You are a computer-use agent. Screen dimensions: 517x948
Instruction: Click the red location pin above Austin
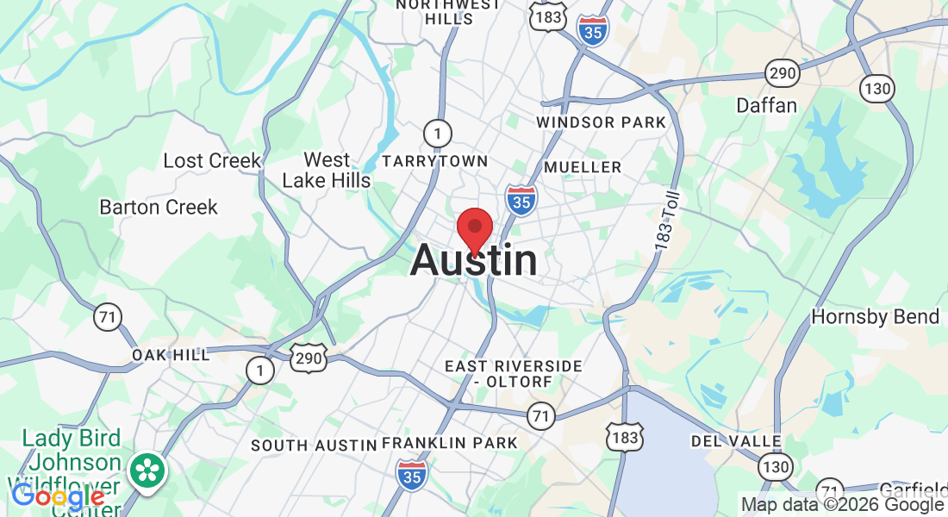click(474, 230)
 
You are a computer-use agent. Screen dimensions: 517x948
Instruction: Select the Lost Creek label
click(212, 161)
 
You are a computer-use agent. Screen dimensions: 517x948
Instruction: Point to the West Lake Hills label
click(327, 170)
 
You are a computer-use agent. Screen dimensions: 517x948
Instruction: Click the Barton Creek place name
click(159, 208)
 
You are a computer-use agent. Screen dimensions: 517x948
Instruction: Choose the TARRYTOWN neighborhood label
click(434, 161)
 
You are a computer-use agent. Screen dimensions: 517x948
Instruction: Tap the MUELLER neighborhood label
click(583, 166)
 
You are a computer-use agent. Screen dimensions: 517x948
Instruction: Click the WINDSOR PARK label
click(601, 122)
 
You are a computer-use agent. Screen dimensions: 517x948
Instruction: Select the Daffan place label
click(766, 106)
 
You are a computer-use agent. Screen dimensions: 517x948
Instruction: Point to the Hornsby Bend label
click(875, 317)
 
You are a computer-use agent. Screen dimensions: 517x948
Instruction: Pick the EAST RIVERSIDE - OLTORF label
click(513, 373)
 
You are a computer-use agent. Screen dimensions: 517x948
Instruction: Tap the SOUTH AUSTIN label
click(314, 445)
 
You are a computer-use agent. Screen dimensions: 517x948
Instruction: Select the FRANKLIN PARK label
click(449, 443)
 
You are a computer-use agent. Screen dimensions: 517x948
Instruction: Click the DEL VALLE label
click(736, 441)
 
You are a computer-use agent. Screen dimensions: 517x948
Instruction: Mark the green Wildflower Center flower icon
click(148, 470)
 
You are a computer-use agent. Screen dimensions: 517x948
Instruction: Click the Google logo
click(58, 496)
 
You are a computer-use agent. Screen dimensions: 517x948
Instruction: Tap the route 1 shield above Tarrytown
click(438, 133)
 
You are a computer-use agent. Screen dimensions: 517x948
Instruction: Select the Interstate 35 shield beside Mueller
click(521, 199)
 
